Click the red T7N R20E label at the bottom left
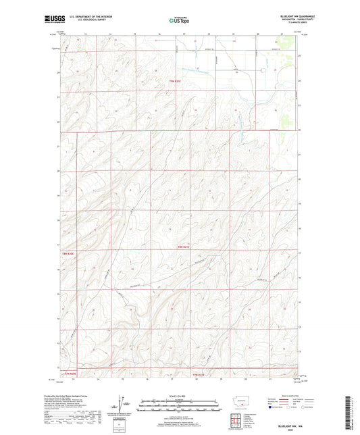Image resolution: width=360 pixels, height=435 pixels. pos(70,374)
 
